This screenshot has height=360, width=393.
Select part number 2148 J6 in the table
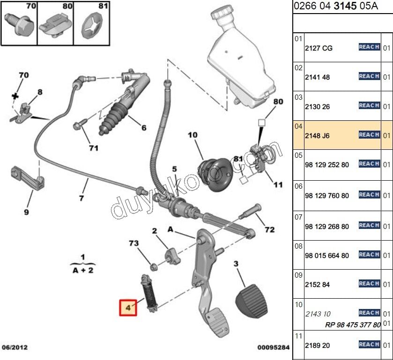(x=318, y=136)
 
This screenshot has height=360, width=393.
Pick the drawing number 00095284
(x=274, y=347)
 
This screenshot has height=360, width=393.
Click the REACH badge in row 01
(x=369, y=47)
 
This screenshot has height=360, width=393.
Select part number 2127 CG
(x=319, y=48)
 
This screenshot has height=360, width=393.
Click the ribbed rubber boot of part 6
(x=115, y=117)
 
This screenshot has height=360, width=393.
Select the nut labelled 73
(x=153, y=266)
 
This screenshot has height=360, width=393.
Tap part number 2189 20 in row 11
(x=318, y=345)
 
